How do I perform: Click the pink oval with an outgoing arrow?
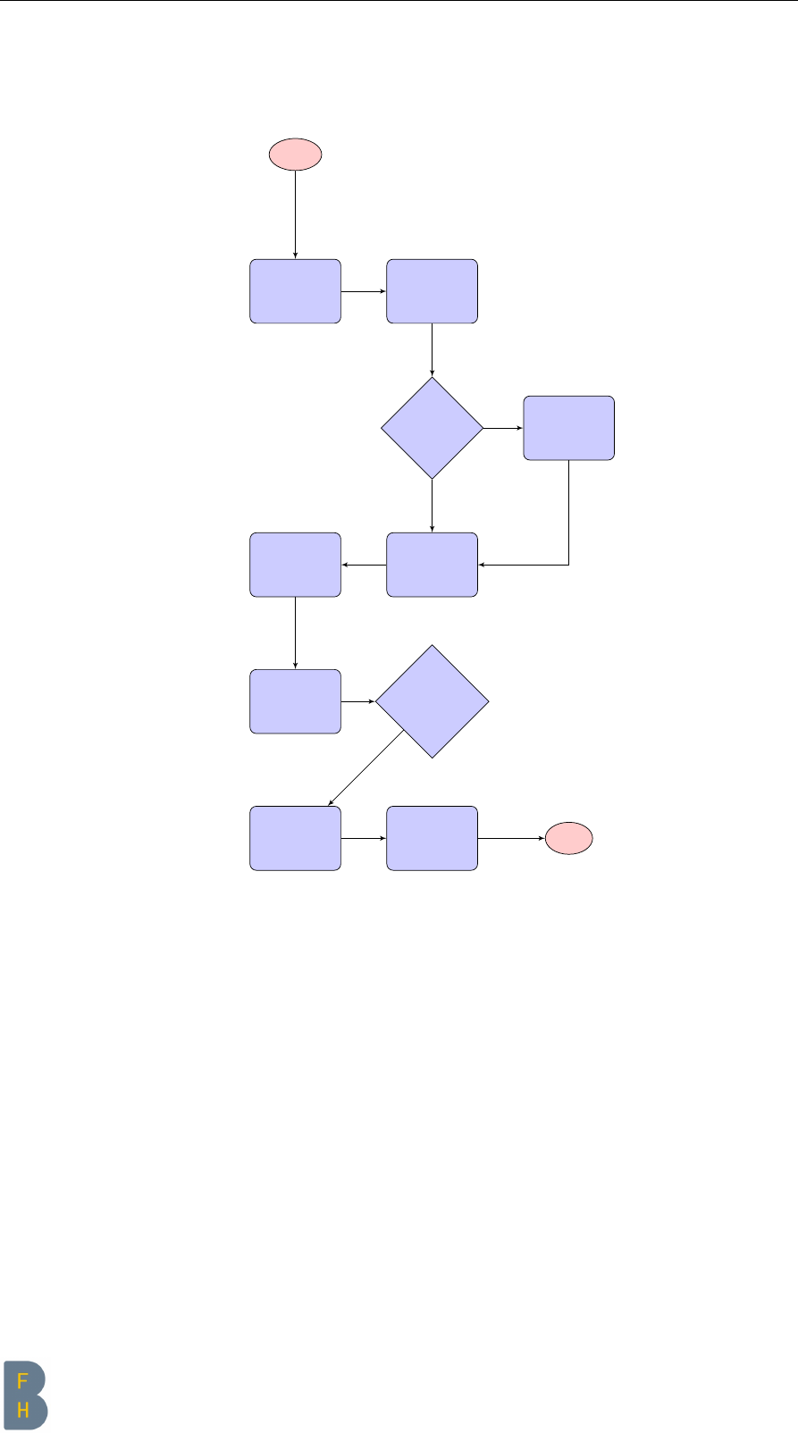295,155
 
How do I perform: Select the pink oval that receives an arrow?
569,838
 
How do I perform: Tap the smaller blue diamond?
432,428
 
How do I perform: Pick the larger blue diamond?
432,701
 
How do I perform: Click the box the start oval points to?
295,291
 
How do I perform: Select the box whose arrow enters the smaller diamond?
432,291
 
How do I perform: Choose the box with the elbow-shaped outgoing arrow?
568,428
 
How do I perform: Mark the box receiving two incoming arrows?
432,565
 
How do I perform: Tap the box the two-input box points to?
295,565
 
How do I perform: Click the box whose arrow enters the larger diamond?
295,701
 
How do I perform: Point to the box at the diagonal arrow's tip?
295,838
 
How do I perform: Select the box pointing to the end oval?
432,838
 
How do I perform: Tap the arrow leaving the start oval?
295,214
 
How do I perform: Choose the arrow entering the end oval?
511,838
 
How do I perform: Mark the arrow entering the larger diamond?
357,701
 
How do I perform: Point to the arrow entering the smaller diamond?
432,349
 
